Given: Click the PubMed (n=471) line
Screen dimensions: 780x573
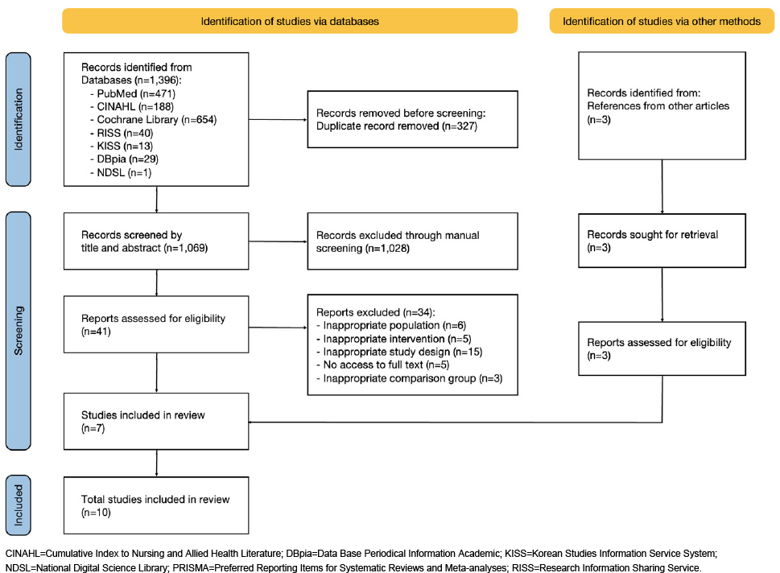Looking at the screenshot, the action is click(x=132, y=93).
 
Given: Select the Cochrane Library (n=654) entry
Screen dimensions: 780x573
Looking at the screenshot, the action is click(x=153, y=120).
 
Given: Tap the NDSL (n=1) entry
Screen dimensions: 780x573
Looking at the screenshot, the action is click(x=121, y=172).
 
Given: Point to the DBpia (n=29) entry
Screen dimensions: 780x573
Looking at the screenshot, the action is click(x=124, y=159).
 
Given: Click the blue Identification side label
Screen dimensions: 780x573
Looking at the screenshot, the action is click(x=19, y=119).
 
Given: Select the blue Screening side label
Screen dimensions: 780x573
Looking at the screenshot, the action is click(x=19, y=331).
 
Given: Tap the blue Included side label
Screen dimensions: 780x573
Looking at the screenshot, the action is click(x=19, y=505).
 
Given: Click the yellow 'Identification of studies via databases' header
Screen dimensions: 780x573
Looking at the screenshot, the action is click(x=290, y=22).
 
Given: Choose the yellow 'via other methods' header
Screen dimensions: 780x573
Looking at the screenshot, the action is click(x=662, y=22).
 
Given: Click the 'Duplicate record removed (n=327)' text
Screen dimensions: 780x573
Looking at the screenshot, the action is click(x=397, y=126).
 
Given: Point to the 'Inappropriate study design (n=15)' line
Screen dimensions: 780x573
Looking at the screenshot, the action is click(x=399, y=352).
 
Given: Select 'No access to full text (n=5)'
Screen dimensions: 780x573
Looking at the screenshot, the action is click(x=382, y=365).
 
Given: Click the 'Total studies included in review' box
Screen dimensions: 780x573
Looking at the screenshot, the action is click(x=156, y=505).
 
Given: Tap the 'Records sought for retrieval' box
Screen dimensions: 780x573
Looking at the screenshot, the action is click(x=662, y=241).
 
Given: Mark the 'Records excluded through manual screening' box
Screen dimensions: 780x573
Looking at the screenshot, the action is click(x=412, y=241).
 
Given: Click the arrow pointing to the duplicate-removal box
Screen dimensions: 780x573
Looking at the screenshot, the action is click(x=278, y=119).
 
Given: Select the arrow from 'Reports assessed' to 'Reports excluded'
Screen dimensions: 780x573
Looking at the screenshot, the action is click(x=278, y=328).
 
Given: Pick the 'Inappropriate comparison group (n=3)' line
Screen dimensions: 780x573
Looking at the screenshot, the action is click(x=410, y=378).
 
